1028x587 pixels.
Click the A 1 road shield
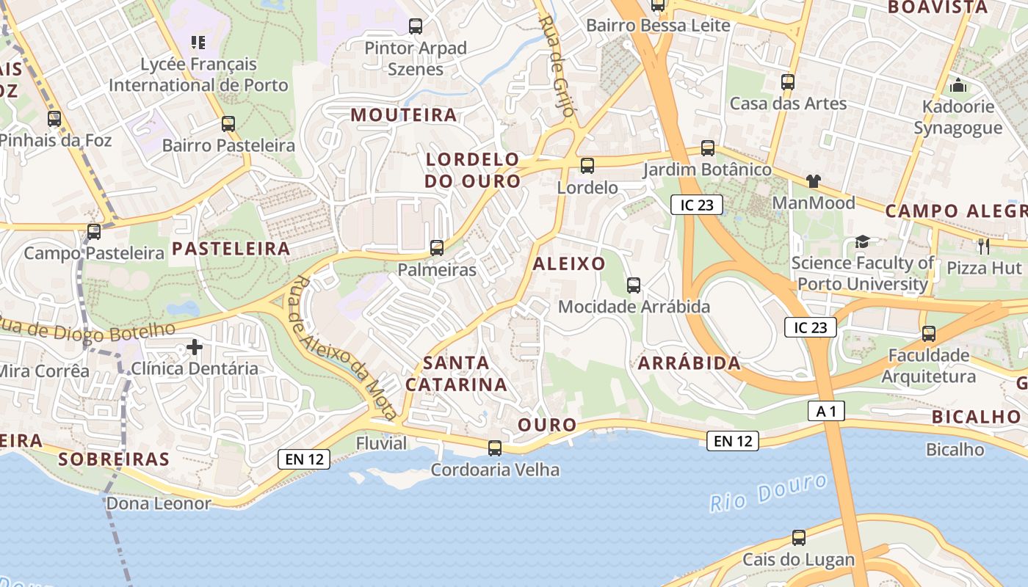826,412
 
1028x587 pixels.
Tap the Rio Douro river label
769,492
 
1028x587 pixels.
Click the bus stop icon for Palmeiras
437,248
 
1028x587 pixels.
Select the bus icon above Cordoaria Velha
495,448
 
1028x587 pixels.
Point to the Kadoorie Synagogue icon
958,85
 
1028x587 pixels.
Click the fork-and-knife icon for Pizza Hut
984,246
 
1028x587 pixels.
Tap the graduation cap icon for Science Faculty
862,241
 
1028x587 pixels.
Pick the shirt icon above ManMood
813,181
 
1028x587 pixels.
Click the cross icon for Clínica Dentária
195,346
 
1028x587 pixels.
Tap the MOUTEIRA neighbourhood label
404,115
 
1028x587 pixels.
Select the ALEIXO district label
569,264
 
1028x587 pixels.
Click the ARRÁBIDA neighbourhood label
689,363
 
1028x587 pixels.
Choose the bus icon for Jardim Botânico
708,148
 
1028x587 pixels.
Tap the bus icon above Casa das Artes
788,81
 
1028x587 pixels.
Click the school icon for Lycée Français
198,43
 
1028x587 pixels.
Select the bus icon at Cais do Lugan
799,538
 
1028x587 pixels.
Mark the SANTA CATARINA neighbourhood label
456,373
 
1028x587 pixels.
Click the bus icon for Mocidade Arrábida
634,285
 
